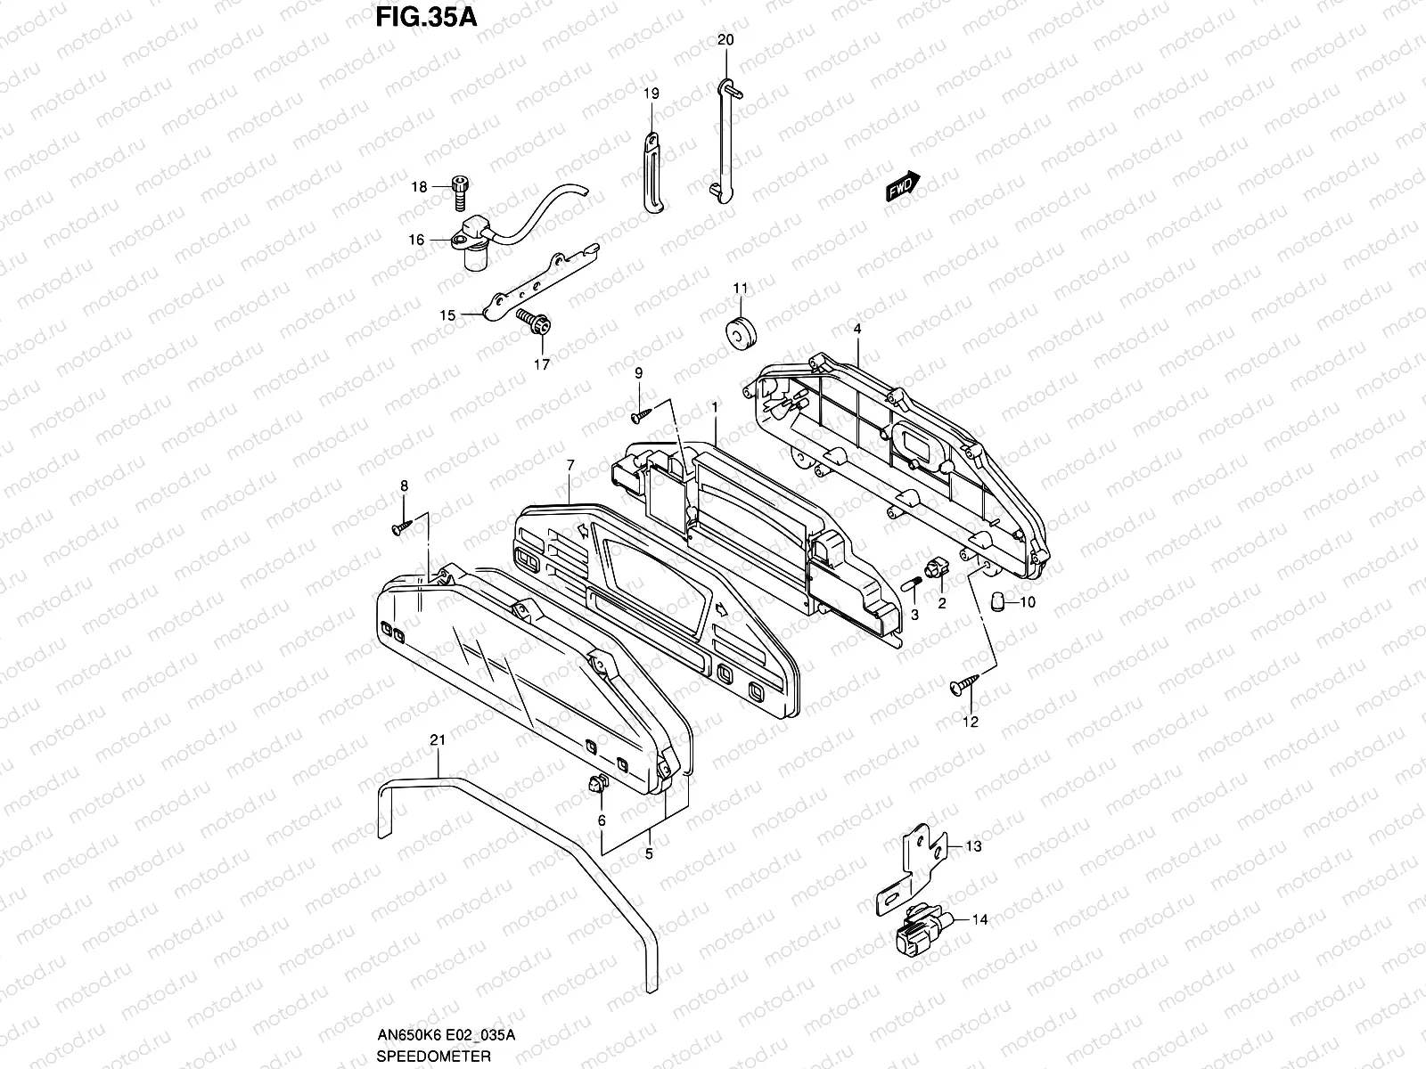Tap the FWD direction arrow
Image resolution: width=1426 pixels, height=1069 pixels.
902,188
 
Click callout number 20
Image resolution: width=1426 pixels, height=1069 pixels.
725,41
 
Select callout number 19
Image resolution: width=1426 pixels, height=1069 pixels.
651,93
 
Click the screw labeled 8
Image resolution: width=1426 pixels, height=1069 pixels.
400,528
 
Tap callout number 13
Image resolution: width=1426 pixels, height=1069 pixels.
973,846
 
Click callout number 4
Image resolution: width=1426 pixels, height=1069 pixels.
856,329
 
